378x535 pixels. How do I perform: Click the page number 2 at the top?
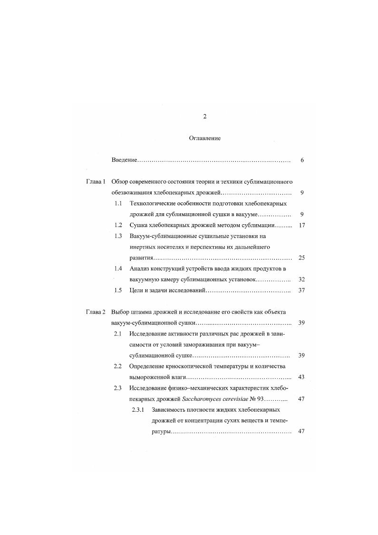tap(204, 117)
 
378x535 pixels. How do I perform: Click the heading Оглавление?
tap(204, 138)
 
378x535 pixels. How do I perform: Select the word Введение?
tap(124, 160)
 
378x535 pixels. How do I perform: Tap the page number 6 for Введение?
tap(302, 160)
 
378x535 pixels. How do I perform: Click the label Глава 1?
tap(96, 182)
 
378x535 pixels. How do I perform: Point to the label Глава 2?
tap(96, 312)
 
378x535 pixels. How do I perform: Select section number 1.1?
tap(118, 204)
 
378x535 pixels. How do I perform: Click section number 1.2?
tap(118, 225)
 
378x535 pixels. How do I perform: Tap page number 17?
tap(301, 225)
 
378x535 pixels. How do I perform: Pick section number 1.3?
tap(118, 236)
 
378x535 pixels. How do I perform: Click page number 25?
tap(301, 258)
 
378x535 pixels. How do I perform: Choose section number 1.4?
tap(118, 268)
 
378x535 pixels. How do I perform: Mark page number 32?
tap(301, 279)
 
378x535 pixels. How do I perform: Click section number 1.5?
tap(118, 290)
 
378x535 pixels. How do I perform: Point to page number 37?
tap(301, 290)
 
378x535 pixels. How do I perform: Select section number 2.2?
tap(118, 366)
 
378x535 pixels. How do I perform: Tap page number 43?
tap(301, 377)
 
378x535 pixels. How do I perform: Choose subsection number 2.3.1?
tap(138, 409)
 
